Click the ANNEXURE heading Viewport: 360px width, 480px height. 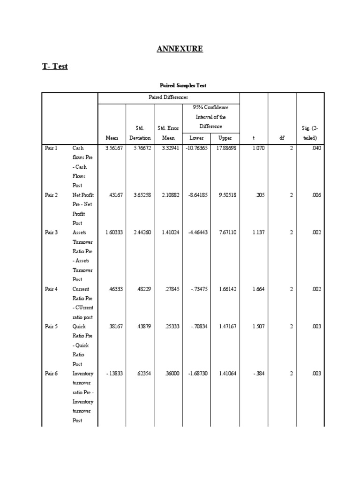click(x=180, y=49)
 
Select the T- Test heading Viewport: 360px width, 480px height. click(x=55, y=67)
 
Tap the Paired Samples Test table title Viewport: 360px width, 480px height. click(x=183, y=85)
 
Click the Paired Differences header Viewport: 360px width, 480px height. click(x=168, y=97)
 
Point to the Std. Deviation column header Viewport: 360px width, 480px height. click(x=140, y=133)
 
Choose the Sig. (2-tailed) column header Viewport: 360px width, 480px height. click(x=310, y=133)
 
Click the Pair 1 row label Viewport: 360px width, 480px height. click(x=51, y=148)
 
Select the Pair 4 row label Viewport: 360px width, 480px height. click(x=51, y=289)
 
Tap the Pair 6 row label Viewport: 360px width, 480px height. click(x=51, y=374)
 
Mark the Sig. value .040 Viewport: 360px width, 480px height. click(x=316, y=148)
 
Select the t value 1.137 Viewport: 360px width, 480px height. click(x=258, y=232)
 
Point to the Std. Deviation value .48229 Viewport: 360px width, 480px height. click(x=143, y=289)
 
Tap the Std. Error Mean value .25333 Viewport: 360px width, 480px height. click(x=171, y=327)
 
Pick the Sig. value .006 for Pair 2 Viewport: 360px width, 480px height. click(x=316, y=195)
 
